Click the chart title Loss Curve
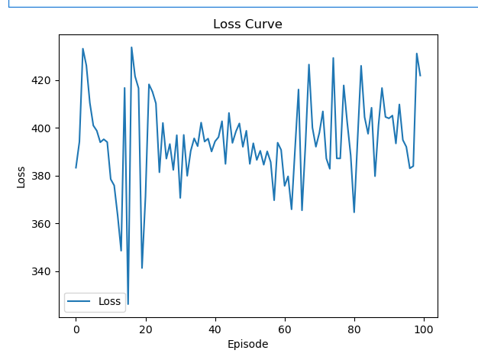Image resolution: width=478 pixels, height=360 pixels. [247, 24]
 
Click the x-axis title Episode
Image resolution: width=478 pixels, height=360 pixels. [247, 344]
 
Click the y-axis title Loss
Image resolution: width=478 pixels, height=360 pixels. [21, 176]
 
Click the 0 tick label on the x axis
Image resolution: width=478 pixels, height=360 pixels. [76, 329]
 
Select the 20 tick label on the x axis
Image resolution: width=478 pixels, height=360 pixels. [145, 329]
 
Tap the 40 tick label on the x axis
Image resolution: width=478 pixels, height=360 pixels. [215, 329]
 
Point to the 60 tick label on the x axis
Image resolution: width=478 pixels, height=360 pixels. [284, 329]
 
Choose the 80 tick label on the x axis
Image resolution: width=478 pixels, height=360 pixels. [354, 329]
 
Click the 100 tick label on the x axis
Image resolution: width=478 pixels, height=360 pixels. [423, 329]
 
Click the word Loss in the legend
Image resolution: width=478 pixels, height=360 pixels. [110, 301]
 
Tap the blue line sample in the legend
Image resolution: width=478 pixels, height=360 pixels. [80, 302]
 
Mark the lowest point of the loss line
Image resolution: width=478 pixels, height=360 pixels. [128, 304]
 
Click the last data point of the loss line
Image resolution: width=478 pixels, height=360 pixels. [420, 76]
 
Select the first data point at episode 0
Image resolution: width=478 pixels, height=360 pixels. [76, 167]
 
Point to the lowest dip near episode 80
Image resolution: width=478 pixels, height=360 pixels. [354, 212]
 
